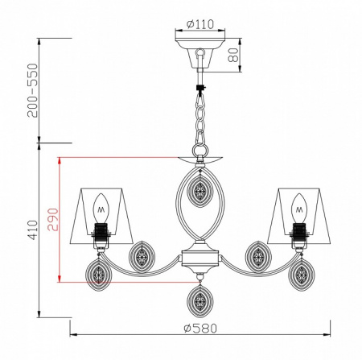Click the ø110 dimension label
click(x=200, y=24)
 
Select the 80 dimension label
click(x=233, y=55)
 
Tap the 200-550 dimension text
click(x=33, y=90)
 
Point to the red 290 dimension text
click(x=52, y=219)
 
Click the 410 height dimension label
click(x=33, y=230)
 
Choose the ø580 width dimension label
click(x=200, y=328)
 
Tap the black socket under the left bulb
click(x=101, y=230)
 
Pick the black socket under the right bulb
click(x=299, y=230)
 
